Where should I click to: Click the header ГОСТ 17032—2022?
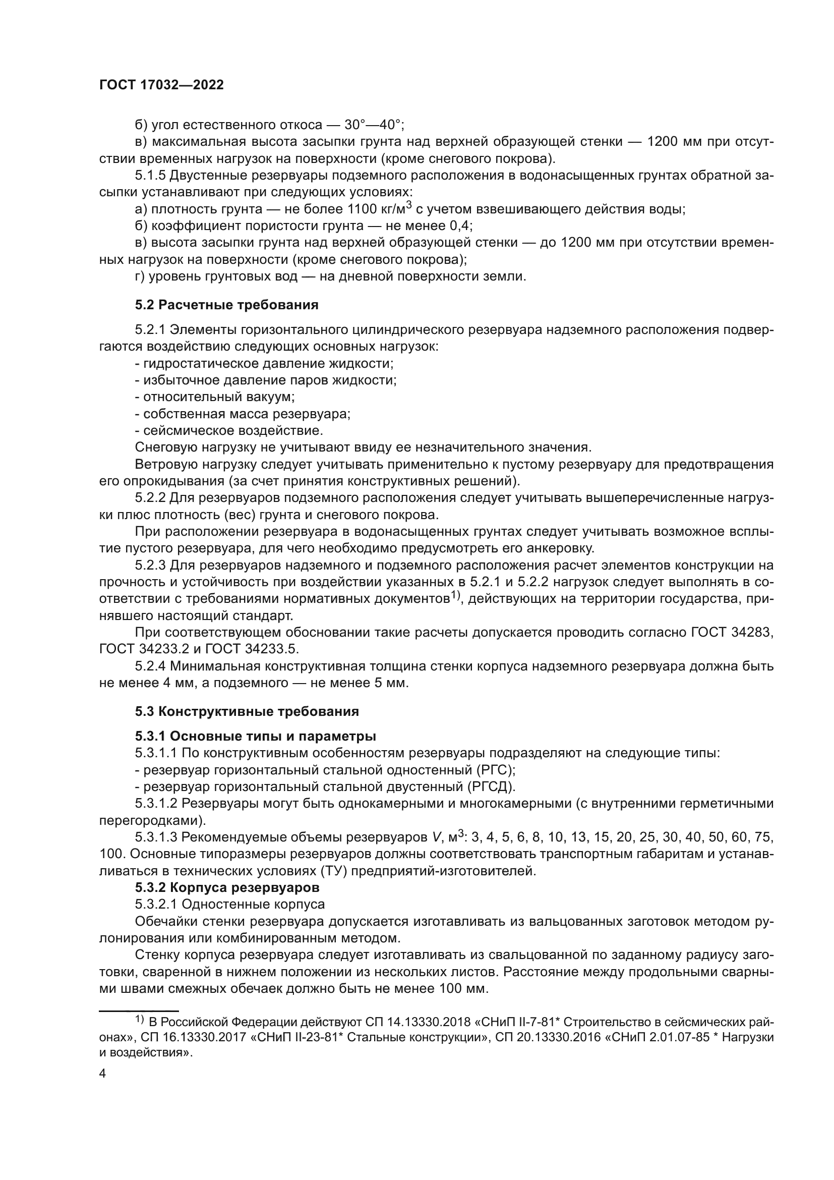(x=161, y=85)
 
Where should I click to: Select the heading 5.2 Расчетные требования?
(x=226, y=305)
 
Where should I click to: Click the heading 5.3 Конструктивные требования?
(x=247, y=711)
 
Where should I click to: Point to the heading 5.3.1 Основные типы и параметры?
(x=255, y=736)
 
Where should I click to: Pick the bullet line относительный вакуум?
(x=215, y=397)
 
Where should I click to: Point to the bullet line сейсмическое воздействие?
(x=229, y=430)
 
